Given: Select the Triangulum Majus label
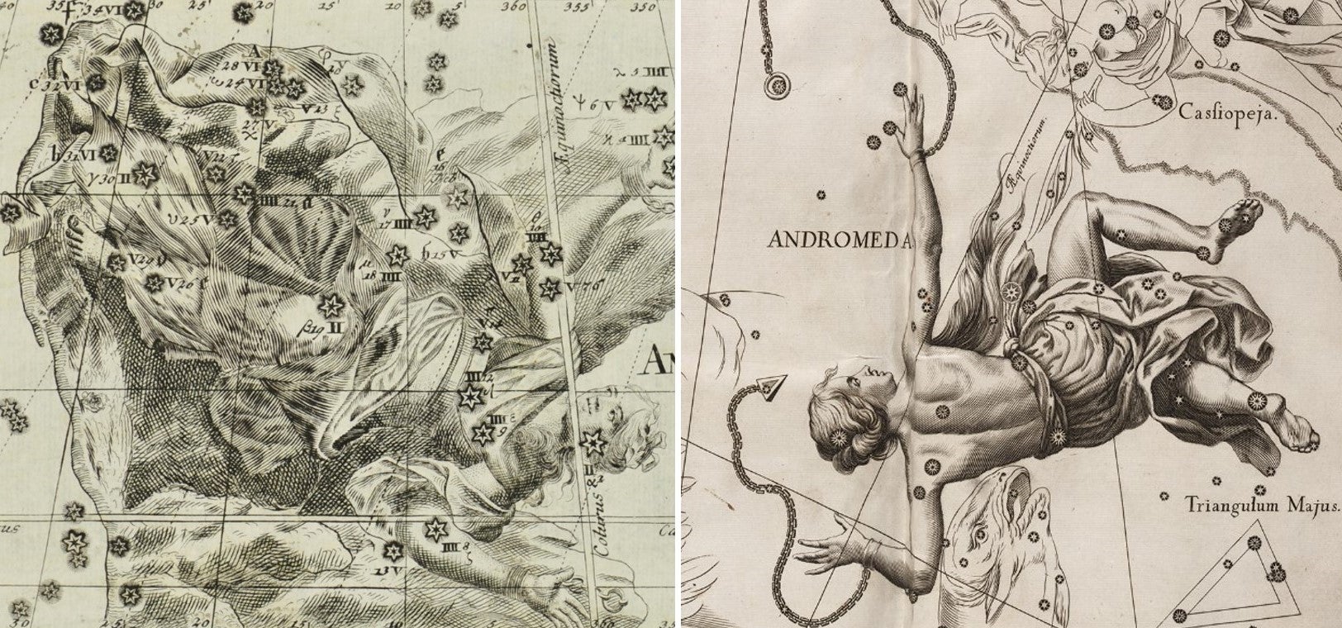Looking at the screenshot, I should click(1262, 503).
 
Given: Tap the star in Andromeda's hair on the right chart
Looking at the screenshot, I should click(840, 435).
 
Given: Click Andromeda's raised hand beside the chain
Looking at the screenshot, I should click(911, 116).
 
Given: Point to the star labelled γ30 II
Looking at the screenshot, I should click(145, 174).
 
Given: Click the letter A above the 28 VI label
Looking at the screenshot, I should click(254, 50).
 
